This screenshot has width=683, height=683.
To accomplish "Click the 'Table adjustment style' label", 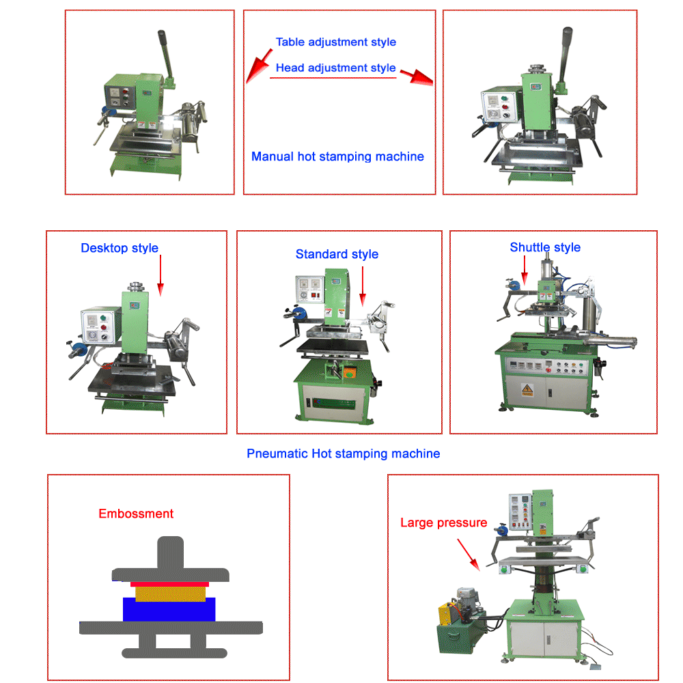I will tap(335, 42).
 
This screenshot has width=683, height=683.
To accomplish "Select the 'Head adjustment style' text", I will tap(335, 68).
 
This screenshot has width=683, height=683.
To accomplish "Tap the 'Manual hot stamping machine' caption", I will tap(337, 156).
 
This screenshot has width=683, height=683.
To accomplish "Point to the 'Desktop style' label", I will tap(120, 248).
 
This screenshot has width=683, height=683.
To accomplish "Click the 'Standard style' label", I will tap(337, 254).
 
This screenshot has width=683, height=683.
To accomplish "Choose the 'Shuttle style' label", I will tap(545, 247).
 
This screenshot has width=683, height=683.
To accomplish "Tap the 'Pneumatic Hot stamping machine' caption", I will tap(343, 454).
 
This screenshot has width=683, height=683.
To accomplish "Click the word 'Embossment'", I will tap(136, 514).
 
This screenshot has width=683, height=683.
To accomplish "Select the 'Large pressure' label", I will tap(443, 523).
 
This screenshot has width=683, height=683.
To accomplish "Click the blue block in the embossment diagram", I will tap(169, 609).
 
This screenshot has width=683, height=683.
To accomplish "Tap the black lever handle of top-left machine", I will tap(165, 51).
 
